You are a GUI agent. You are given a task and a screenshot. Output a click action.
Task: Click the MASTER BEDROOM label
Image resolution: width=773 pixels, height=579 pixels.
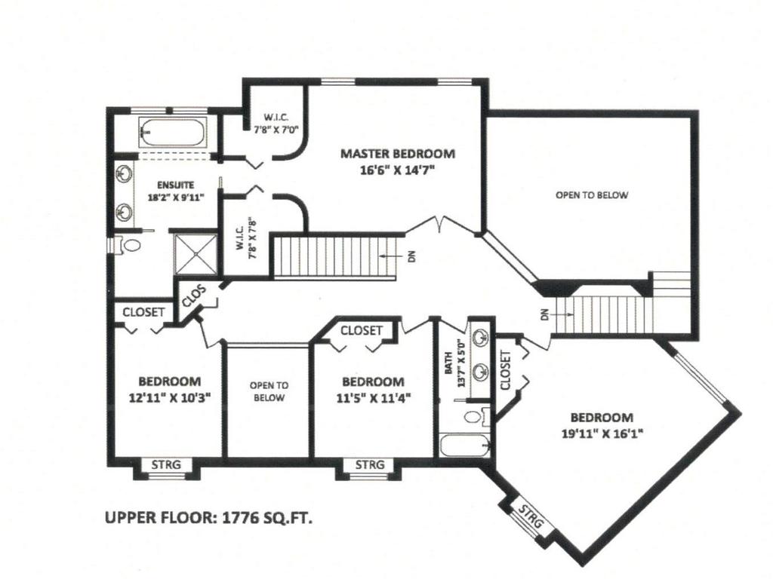(397, 154)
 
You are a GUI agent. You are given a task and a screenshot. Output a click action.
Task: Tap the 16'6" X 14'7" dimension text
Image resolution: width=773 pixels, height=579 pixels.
(397, 170)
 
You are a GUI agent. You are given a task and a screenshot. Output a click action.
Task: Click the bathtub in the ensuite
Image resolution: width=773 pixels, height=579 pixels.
(171, 133)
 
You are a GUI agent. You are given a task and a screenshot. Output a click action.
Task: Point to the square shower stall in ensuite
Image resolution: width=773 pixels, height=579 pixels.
(195, 250)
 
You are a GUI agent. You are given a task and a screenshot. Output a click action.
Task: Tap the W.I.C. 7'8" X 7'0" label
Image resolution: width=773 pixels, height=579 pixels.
(274, 123)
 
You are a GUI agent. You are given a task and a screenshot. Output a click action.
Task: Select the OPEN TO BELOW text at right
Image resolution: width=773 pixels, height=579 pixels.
(592, 195)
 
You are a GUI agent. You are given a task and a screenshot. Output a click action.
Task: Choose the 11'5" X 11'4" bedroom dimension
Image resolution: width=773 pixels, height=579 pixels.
(372, 397)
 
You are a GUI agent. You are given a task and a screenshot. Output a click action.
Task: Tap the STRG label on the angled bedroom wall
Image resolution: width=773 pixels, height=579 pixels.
(531, 519)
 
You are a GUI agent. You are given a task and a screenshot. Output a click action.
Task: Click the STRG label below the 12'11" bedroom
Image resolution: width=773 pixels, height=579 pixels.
(166, 464)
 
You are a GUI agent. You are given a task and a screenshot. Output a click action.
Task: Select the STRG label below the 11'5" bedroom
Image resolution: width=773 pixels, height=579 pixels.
(370, 464)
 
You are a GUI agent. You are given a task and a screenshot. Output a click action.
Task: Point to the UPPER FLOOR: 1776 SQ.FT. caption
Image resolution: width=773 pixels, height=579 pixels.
(208, 518)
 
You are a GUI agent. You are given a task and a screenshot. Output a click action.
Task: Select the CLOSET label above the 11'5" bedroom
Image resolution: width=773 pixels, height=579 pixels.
(361, 330)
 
